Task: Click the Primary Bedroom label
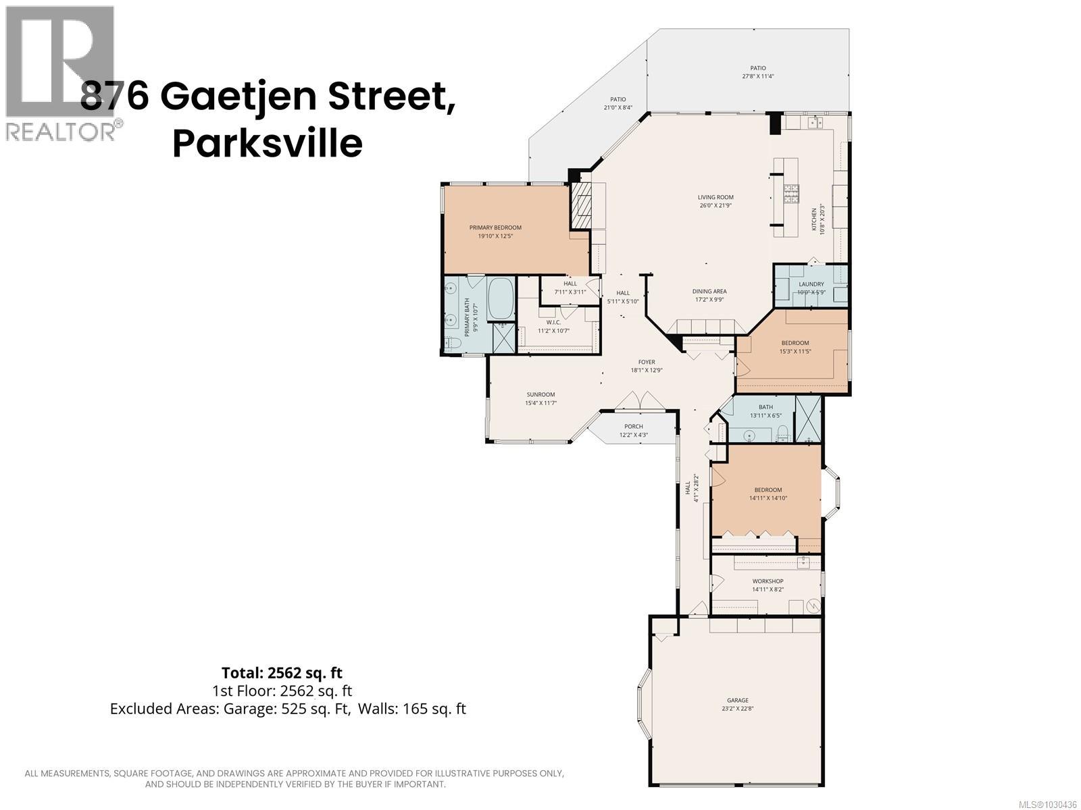495,227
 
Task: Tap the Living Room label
715,198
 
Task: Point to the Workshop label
768,581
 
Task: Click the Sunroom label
540,395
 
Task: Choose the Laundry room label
811,284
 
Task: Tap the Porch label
633,426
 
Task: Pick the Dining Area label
710,292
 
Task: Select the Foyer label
647,362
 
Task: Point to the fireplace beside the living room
581,206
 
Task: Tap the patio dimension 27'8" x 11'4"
757,76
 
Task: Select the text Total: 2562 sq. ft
282,672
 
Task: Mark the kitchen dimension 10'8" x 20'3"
822,219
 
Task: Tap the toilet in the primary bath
453,344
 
